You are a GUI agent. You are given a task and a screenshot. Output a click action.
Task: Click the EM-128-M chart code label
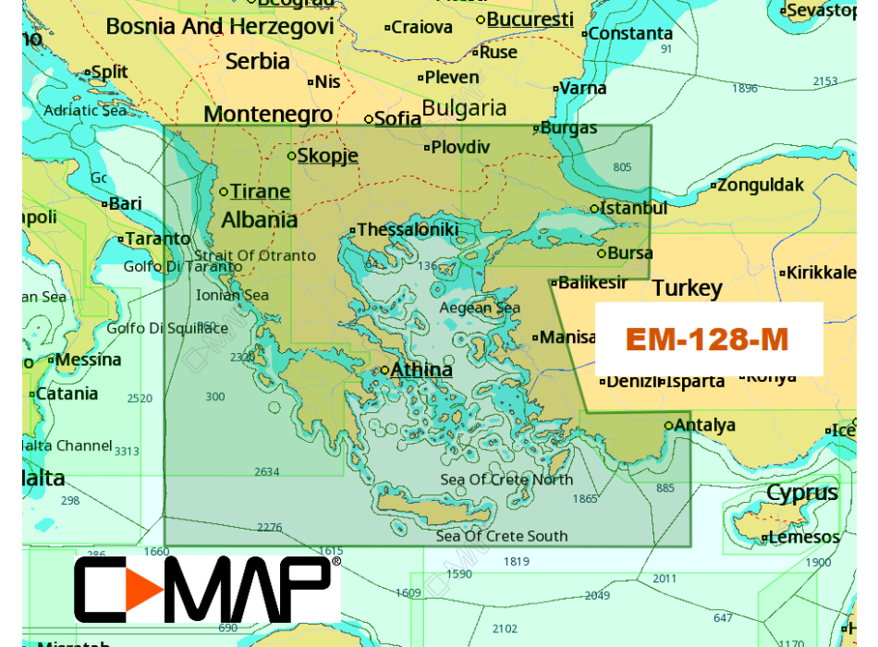(x=707, y=339)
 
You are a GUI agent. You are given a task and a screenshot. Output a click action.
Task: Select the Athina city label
(x=421, y=370)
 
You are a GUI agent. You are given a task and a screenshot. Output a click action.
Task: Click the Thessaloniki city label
(x=408, y=229)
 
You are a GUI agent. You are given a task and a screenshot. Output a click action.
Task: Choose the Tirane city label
(x=260, y=191)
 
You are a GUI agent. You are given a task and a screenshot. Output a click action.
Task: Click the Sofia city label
(x=397, y=118)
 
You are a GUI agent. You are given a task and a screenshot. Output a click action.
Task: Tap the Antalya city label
(x=704, y=425)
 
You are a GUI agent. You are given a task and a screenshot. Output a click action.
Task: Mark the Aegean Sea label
(x=480, y=308)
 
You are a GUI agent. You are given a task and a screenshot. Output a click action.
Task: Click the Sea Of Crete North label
(x=506, y=479)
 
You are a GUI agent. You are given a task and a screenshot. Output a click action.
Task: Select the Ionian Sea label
(x=232, y=295)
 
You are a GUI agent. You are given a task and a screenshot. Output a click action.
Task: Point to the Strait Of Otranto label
(x=255, y=255)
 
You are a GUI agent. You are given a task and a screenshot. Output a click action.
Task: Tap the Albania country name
(x=260, y=220)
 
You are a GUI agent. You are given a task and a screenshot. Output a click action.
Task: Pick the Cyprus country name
(x=801, y=492)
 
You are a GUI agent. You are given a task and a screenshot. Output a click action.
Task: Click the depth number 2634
(x=266, y=471)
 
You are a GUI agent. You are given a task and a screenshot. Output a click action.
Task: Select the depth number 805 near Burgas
(x=622, y=167)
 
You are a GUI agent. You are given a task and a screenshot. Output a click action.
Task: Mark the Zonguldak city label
(x=761, y=185)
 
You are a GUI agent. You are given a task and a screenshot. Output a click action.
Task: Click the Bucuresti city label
(x=530, y=19)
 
